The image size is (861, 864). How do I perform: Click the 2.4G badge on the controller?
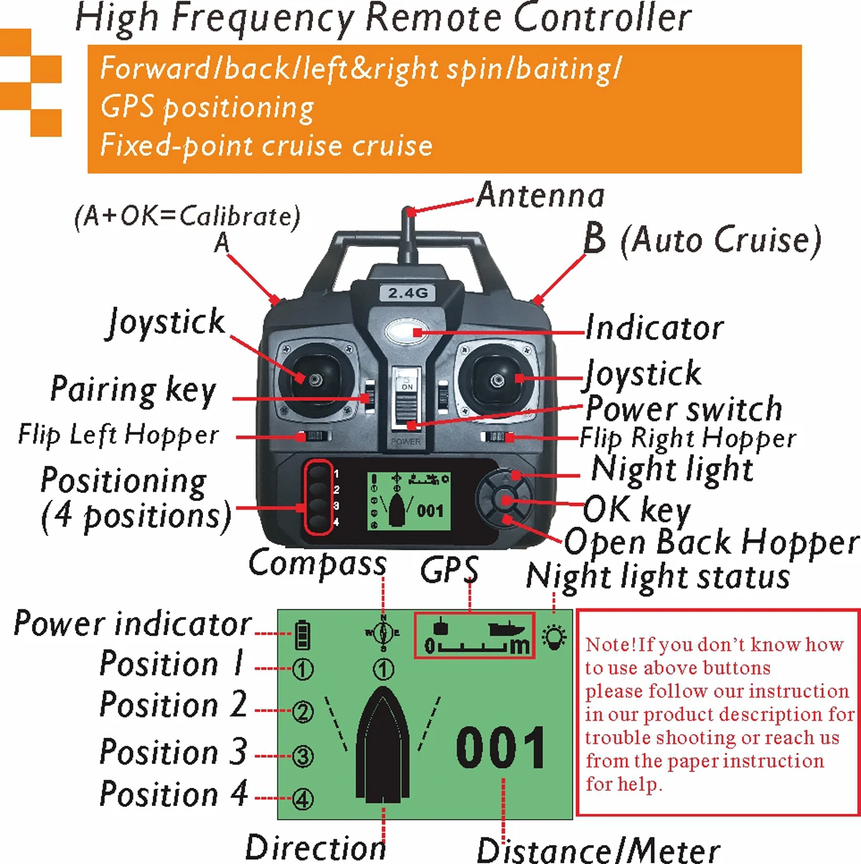click(407, 293)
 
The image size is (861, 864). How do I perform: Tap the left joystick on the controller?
click(314, 378)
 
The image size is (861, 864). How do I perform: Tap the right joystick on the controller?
click(497, 378)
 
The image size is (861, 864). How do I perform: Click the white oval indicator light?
click(406, 332)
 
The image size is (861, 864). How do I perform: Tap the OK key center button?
click(507, 500)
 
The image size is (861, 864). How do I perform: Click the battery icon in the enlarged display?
click(303, 634)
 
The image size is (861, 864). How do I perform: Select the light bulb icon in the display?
click(554, 637)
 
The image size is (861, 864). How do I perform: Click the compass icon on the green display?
click(383, 633)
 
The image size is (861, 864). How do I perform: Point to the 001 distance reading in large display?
click(501, 748)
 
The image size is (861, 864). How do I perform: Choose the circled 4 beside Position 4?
click(303, 799)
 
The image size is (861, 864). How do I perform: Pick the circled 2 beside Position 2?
click(303, 712)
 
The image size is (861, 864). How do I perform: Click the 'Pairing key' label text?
click(133, 390)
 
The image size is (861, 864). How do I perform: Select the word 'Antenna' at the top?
click(540, 195)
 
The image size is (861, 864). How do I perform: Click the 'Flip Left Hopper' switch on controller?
click(315, 436)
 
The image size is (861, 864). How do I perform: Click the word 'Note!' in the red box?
click(611, 644)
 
